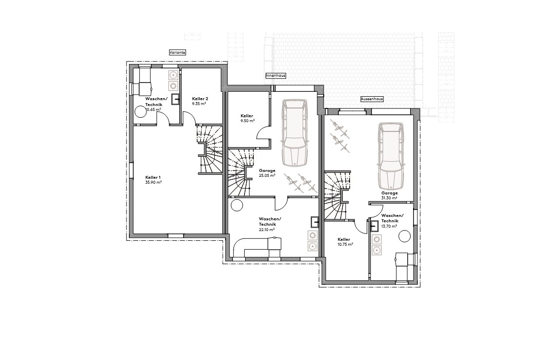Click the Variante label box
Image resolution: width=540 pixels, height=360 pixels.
(177, 52)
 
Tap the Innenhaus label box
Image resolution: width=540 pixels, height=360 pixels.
(275, 76)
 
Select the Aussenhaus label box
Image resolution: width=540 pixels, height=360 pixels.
(372, 99)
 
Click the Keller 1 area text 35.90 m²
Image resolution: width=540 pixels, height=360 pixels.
(153, 182)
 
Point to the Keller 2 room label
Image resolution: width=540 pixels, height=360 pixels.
(200, 99)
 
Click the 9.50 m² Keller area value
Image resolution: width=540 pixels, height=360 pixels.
(248, 121)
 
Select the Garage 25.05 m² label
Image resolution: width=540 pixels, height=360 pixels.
(267, 172)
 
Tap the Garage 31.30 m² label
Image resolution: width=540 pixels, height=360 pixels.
(390, 195)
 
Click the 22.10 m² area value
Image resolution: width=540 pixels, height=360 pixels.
(267, 229)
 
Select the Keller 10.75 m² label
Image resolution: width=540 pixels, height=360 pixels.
(344, 241)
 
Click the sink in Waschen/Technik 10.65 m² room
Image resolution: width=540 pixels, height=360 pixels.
(175, 99)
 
